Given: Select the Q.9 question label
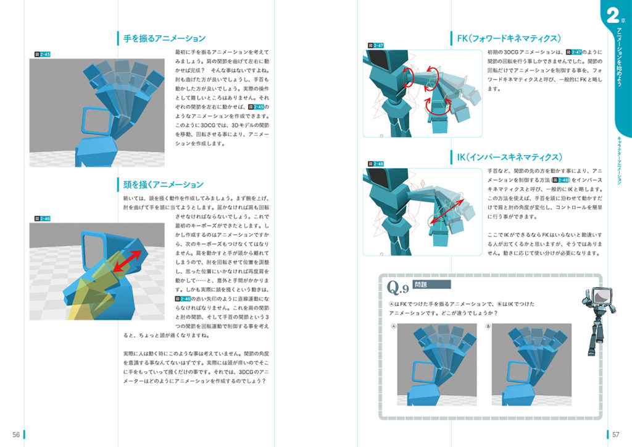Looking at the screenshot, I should (397, 287).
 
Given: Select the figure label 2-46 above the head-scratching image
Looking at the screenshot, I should (43, 218).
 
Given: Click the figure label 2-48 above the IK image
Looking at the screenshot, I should (376, 164).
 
